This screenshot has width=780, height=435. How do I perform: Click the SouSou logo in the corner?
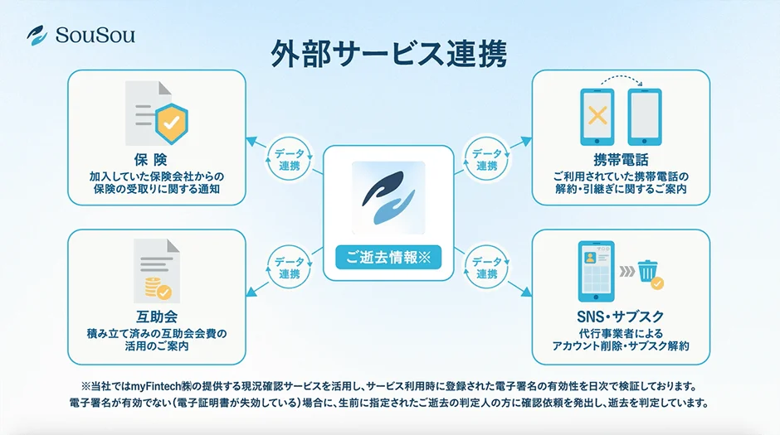pyautogui.click(x=80, y=35)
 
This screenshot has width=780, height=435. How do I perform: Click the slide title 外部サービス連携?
pyautogui.click(x=389, y=53)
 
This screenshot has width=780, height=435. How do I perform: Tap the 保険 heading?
pyautogui.click(x=156, y=160)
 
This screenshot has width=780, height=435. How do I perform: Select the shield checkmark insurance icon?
pyautogui.click(x=171, y=122)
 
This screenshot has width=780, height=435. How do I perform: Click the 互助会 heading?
pyautogui.click(x=156, y=317)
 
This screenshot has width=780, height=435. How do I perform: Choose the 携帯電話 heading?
pyautogui.click(x=621, y=160)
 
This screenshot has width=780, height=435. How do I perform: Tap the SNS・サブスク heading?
pyautogui.click(x=621, y=317)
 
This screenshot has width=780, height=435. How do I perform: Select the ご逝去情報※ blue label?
pyautogui.click(x=388, y=257)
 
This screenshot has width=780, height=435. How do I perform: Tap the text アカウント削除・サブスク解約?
pyautogui.click(x=621, y=346)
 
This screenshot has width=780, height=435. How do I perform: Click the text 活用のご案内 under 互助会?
pyautogui.click(x=156, y=346)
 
